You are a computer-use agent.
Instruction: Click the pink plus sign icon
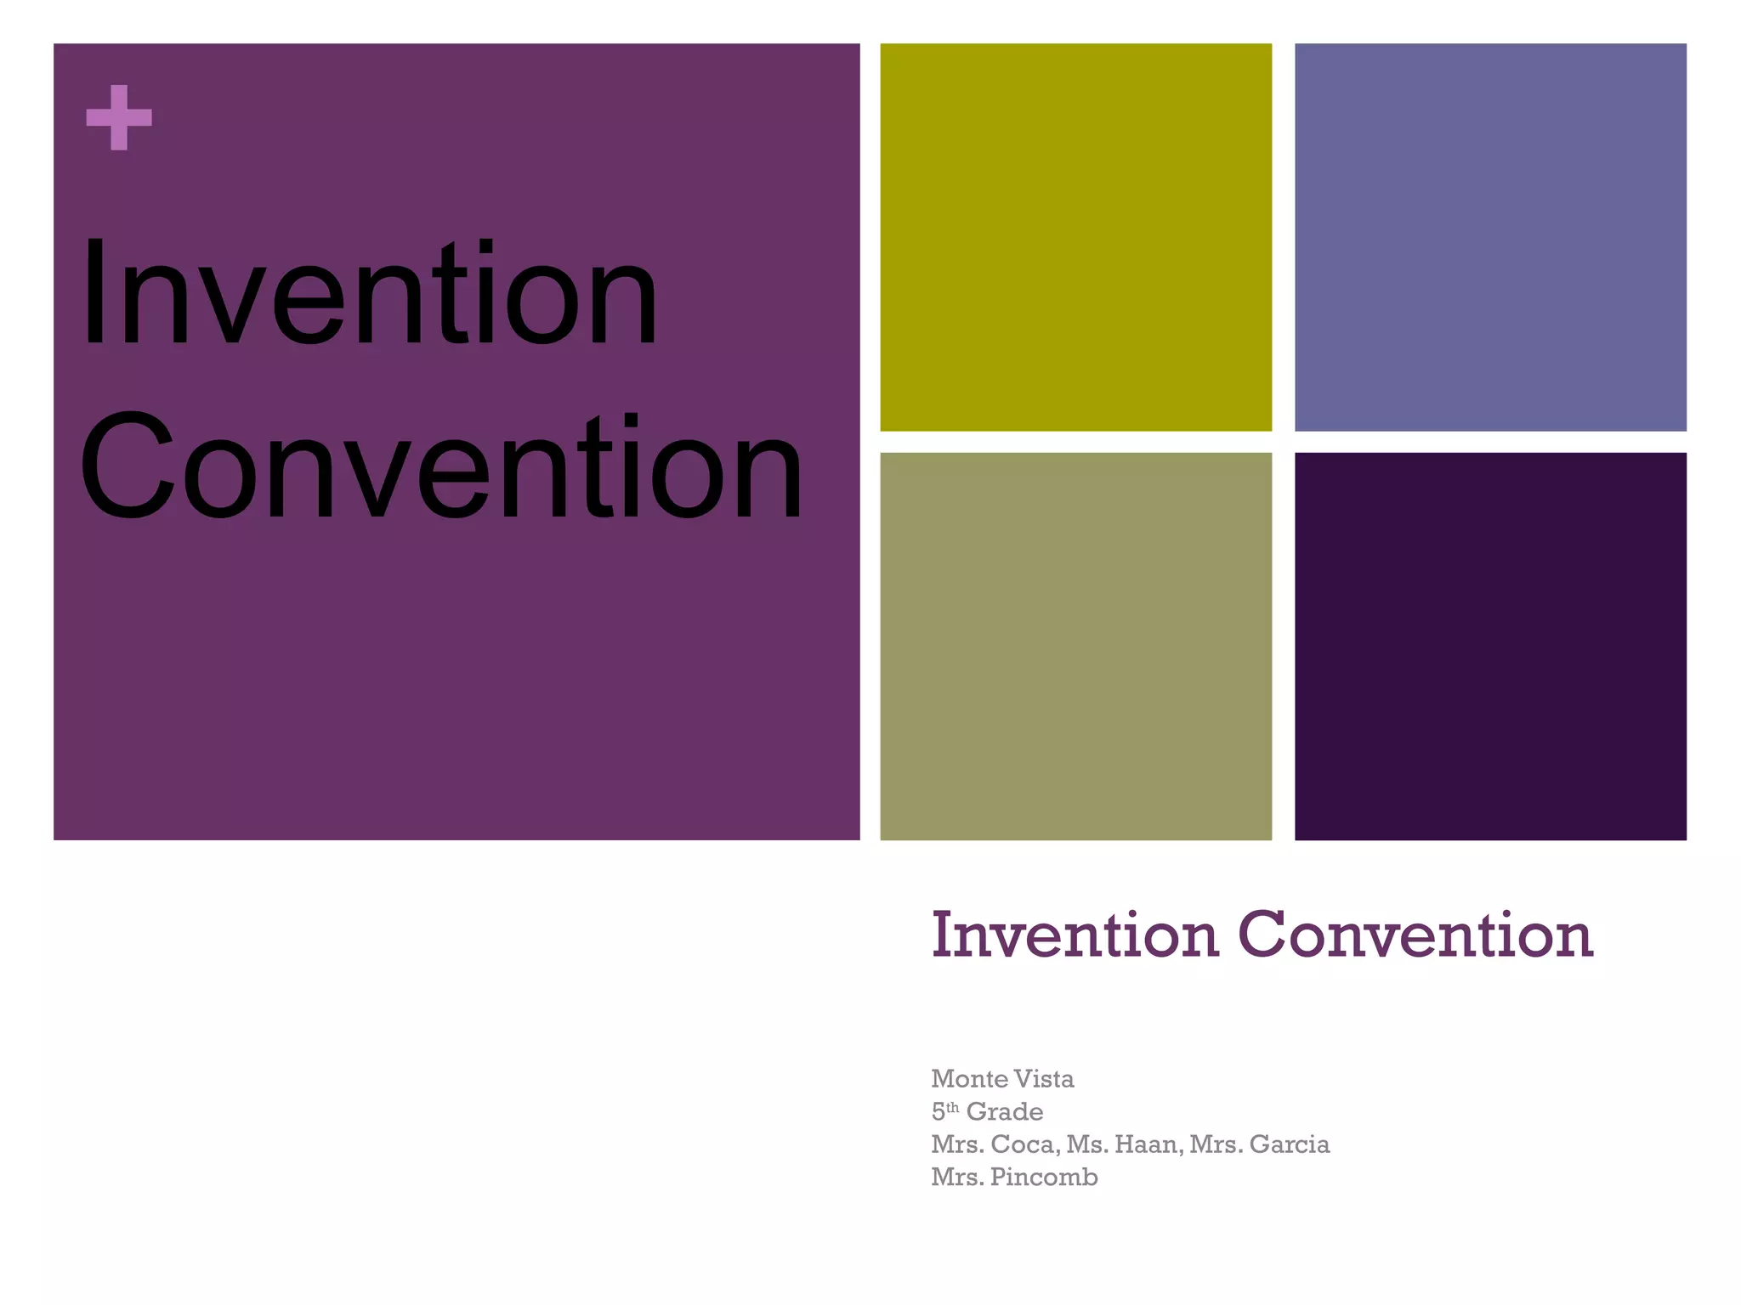119,117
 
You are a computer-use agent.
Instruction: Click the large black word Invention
369,294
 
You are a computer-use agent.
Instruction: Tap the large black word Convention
440,468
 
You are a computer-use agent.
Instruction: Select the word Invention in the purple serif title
1075,935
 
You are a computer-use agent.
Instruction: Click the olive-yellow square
1075,237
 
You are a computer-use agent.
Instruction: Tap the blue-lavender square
1489,237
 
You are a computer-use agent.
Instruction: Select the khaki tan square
1075,646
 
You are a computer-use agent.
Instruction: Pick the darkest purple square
1489,646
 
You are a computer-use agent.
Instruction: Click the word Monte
969,1079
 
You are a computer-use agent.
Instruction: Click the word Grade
1004,1112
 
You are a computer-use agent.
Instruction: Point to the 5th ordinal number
944,1111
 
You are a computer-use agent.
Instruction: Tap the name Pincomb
1044,1178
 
